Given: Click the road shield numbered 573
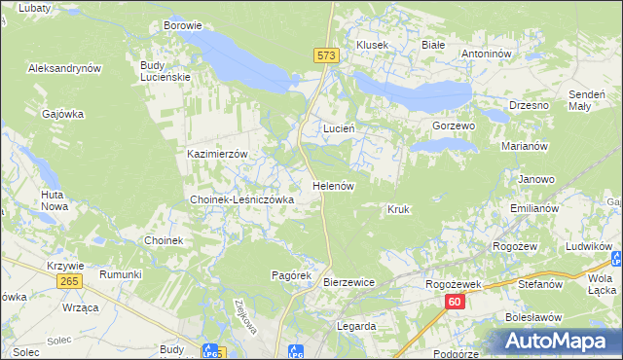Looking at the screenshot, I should (326, 56).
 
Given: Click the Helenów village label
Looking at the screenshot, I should (332, 185).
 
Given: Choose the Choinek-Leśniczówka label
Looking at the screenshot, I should (241, 199).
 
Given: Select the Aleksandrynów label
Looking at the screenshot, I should (65, 69).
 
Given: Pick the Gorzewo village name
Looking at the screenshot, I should (453, 126).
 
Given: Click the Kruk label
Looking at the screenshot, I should (398, 209).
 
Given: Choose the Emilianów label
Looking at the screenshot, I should (533, 209).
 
